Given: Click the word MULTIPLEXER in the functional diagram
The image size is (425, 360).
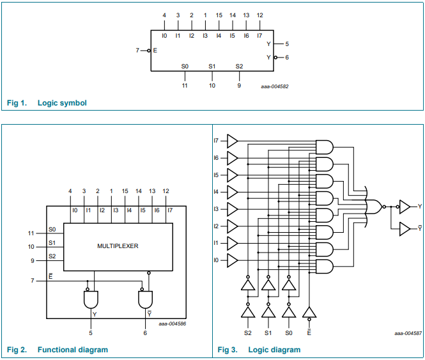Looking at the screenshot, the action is (x=118, y=246).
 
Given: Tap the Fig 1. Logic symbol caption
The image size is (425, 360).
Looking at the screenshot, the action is (x=47, y=103).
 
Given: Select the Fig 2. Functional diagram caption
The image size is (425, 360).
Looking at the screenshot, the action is (x=57, y=350).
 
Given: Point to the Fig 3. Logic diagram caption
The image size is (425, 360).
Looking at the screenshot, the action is (x=259, y=350).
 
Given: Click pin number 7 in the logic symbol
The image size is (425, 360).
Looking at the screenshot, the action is (x=137, y=51).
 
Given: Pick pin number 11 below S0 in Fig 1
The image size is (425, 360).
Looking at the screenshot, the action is (x=185, y=86).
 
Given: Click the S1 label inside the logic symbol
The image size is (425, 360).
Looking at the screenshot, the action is (x=212, y=67).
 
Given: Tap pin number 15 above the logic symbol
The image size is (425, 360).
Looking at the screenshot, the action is (x=219, y=15).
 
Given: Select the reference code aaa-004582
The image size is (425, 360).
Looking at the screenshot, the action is (x=275, y=86).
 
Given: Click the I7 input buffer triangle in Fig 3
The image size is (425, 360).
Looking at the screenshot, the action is (x=232, y=141).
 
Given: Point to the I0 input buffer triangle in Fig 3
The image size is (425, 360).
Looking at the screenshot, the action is (x=232, y=260).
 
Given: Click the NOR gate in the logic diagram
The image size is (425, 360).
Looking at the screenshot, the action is (x=375, y=207).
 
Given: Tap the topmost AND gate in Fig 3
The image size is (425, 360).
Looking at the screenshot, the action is (x=325, y=147).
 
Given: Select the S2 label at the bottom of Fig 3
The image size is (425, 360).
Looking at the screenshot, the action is (x=248, y=333).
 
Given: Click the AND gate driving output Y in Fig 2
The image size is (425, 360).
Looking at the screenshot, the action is (x=91, y=299).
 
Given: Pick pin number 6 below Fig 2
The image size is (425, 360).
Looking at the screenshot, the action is (x=145, y=333).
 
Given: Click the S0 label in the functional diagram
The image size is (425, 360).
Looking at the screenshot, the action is (x=52, y=230).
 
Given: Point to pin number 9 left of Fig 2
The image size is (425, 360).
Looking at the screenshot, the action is (x=33, y=261).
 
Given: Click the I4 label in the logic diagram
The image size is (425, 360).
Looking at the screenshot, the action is (x=216, y=192).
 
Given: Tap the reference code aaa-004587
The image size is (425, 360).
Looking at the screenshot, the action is (x=408, y=333).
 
